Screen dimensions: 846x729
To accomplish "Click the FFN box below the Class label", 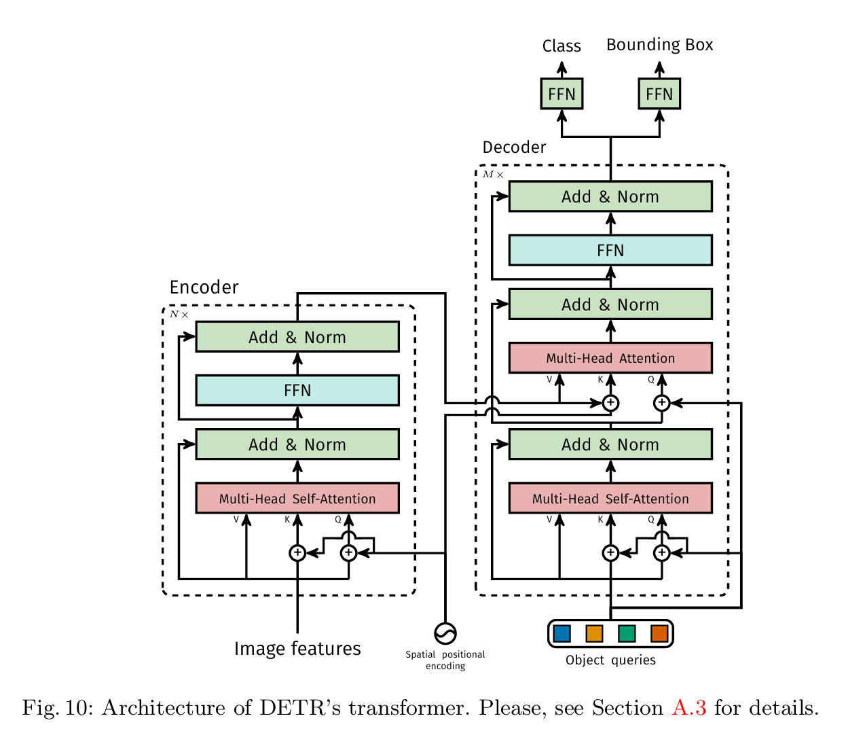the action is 562,94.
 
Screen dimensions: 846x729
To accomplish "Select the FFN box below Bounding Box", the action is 659,94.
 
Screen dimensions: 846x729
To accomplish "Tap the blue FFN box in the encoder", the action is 297,390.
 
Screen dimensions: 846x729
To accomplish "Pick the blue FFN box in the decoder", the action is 610,250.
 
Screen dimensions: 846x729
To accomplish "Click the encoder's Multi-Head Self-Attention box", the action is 297,498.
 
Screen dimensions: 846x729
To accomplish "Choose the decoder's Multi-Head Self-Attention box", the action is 610,498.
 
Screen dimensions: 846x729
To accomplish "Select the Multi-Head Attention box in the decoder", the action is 610,358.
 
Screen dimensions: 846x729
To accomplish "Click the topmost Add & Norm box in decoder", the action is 610,196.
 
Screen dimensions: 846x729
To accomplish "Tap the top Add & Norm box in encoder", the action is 297,337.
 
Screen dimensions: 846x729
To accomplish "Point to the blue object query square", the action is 562,634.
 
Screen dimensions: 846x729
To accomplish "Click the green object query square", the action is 627,634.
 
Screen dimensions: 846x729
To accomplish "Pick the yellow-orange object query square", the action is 594,634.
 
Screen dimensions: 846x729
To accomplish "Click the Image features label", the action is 297,649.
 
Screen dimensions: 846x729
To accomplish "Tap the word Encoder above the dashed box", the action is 204,287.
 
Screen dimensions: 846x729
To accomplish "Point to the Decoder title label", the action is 514,147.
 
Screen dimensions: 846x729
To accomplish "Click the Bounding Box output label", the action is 659,45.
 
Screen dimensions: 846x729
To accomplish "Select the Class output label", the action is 562,46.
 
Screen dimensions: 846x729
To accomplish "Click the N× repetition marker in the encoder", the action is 179,314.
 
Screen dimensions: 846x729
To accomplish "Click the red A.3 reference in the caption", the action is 689,707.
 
